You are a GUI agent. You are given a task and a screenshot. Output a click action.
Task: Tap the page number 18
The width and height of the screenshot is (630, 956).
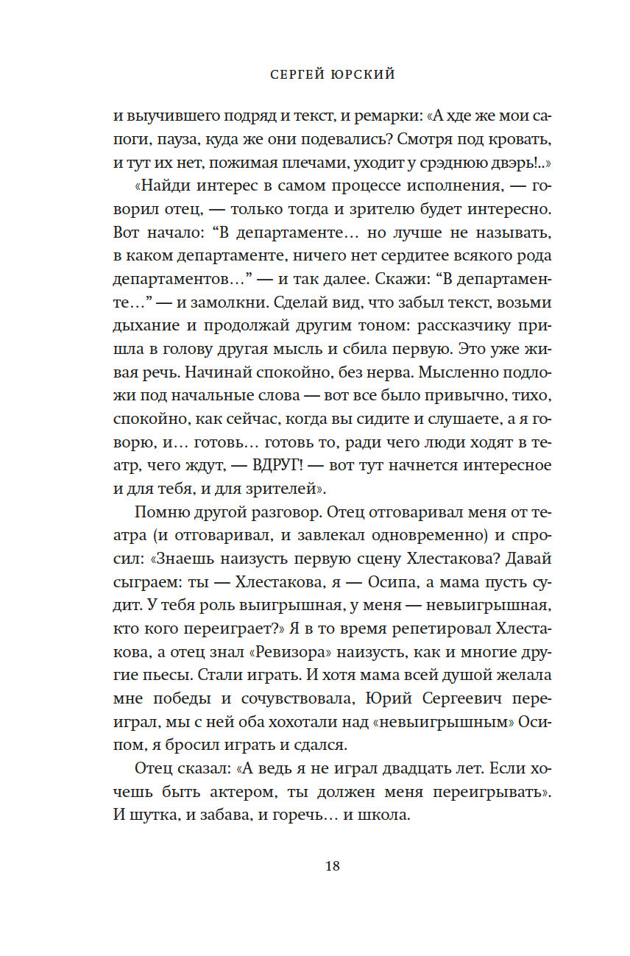point(332,865)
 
